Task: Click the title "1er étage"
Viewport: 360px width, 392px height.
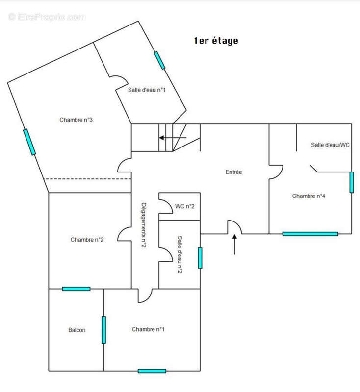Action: pos(216,41)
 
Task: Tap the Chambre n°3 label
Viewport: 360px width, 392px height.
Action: pos(76,120)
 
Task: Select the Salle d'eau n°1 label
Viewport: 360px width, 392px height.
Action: pos(147,90)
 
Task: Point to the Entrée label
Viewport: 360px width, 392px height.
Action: pos(233,172)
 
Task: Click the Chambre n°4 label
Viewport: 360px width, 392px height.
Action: pos(309,196)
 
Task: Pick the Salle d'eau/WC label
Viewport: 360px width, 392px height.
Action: pos(330,145)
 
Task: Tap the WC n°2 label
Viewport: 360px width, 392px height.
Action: pos(184,206)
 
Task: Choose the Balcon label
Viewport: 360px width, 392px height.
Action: pos(77,330)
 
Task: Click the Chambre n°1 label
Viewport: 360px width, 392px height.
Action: pos(148,329)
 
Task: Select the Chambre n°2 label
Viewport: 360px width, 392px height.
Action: pos(87,240)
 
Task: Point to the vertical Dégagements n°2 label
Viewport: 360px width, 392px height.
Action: pos(143,225)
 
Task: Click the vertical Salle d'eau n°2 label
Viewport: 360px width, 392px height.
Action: pos(180,254)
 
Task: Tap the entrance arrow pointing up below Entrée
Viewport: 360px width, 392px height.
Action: pos(234,244)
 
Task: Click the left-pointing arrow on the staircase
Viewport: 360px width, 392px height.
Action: pos(173,138)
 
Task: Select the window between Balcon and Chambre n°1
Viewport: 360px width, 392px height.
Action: pos(103,330)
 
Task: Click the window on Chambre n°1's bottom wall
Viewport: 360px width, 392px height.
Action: pos(152,371)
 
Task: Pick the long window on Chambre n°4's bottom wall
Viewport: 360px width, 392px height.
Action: pos(310,234)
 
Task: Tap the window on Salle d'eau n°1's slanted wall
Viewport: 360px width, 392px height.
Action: pos(159,60)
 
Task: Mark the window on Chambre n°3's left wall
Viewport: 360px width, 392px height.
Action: pos(29,142)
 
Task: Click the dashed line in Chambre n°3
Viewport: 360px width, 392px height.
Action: pos(88,179)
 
